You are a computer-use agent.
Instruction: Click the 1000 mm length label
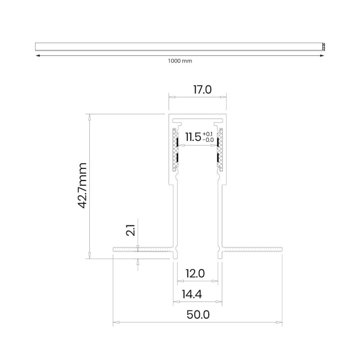(180, 61)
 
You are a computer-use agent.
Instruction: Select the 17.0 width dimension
(202, 90)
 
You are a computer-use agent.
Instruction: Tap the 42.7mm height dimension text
(82, 185)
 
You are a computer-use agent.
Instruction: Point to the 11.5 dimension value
(193, 137)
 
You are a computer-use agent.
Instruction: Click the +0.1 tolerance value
(208, 134)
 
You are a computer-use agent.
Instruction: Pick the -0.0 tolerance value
(208, 140)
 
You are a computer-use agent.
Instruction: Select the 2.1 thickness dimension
(131, 230)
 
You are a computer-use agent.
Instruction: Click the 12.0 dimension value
(195, 274)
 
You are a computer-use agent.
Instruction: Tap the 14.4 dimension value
(192, 294)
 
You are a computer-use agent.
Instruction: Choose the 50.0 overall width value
(198, 314)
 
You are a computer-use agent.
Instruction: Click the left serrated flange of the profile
(144, 249)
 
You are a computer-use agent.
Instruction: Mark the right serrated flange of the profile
(252, 249)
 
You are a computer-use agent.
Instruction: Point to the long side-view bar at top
(180, 47)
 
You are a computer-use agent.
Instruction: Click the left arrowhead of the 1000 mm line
(37, 56)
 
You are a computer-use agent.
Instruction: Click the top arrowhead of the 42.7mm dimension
(90, 117)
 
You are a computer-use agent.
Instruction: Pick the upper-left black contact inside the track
(178, 142)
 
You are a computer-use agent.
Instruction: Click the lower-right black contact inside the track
(217, 157)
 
